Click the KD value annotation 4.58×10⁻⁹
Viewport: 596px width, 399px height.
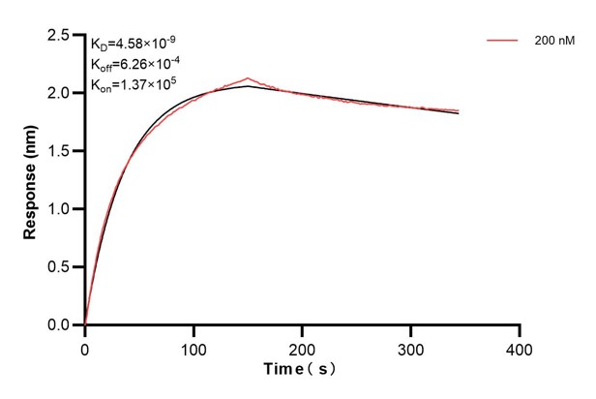click(134, 44)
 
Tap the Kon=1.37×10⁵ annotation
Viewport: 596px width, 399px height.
click(132, 86)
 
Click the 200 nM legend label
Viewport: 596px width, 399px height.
click(554, 41)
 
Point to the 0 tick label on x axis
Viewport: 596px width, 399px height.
click(85, 347)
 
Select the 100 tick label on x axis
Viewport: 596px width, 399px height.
click(194, 347)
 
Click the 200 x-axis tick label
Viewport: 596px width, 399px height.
click(303, 347)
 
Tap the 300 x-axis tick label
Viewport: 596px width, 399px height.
click(411, 347)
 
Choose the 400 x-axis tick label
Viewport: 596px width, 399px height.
click(520, 347)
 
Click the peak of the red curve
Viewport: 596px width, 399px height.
click(249, 78)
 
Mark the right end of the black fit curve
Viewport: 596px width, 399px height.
click(459, 113)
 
